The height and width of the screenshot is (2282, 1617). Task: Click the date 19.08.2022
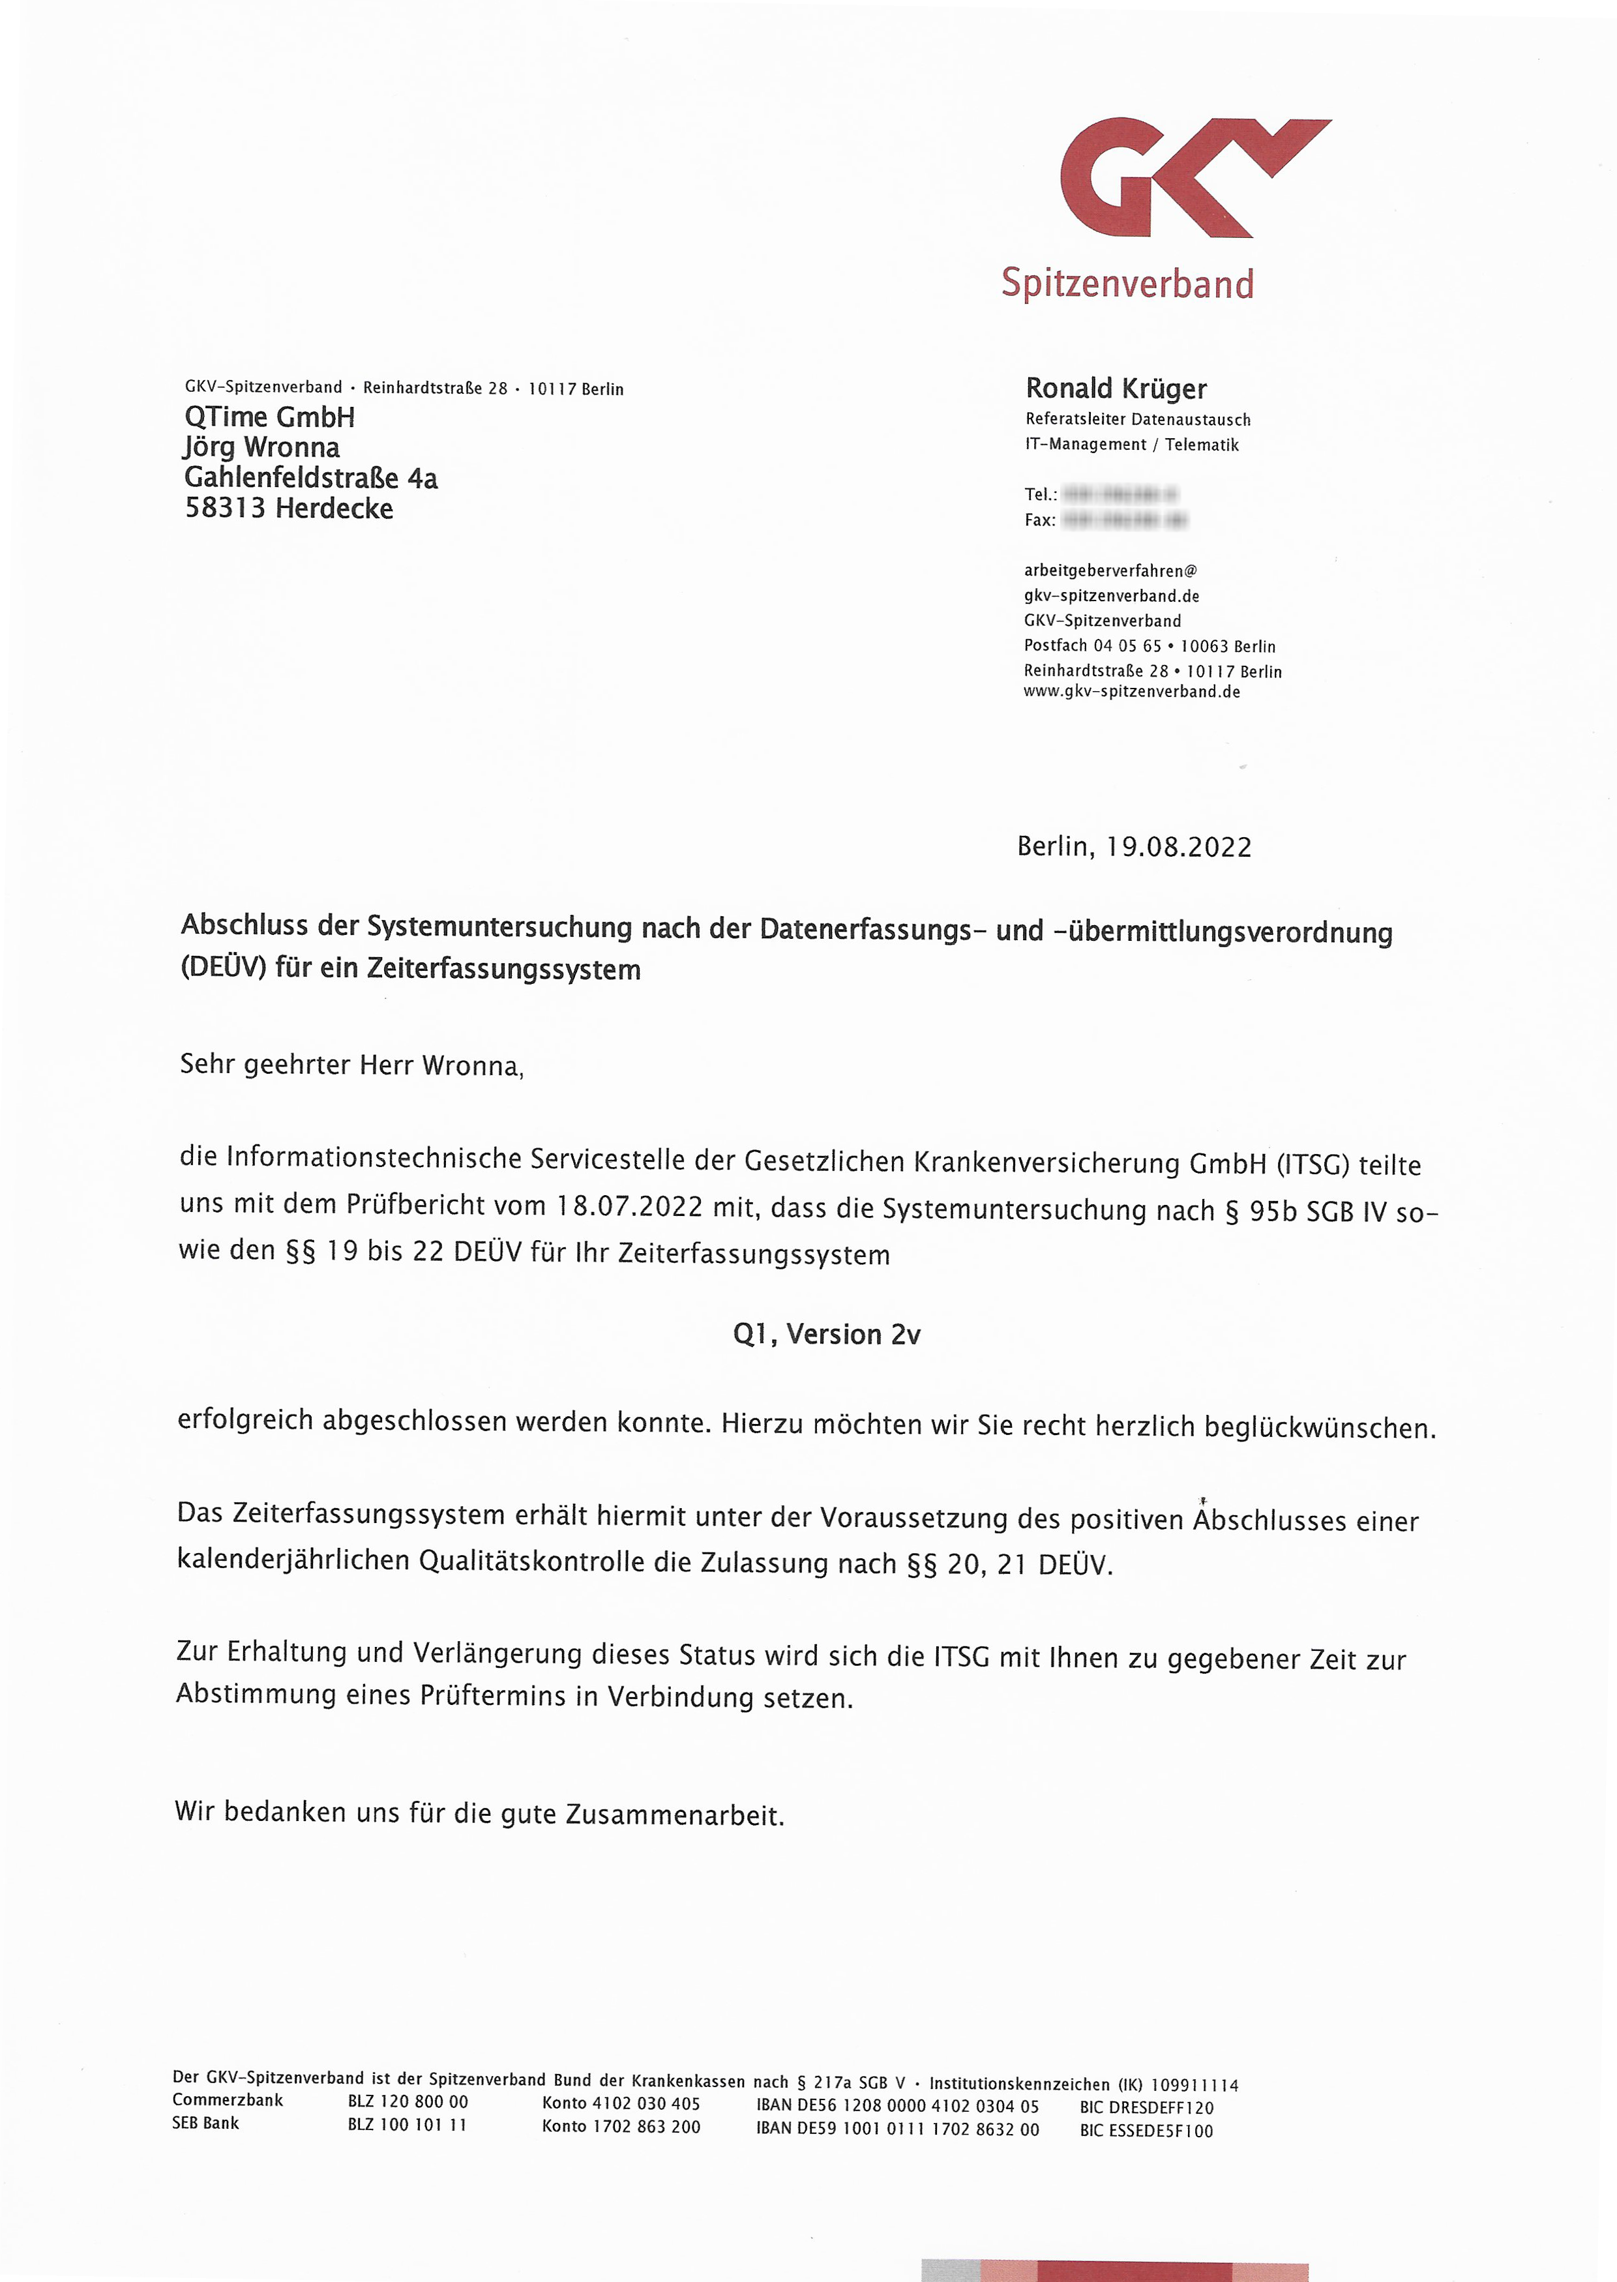(x=1179, y=848)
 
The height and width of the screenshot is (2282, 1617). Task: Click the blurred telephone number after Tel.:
(x=1120, y=494)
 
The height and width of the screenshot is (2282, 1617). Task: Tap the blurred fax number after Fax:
(x=1125, y=520)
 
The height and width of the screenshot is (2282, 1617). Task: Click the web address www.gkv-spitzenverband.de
(x=1131, y=692)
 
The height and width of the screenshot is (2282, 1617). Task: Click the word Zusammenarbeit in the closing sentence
(x=674, y=1816)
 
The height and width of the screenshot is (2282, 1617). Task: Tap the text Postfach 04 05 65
(x=1092, y=646)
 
